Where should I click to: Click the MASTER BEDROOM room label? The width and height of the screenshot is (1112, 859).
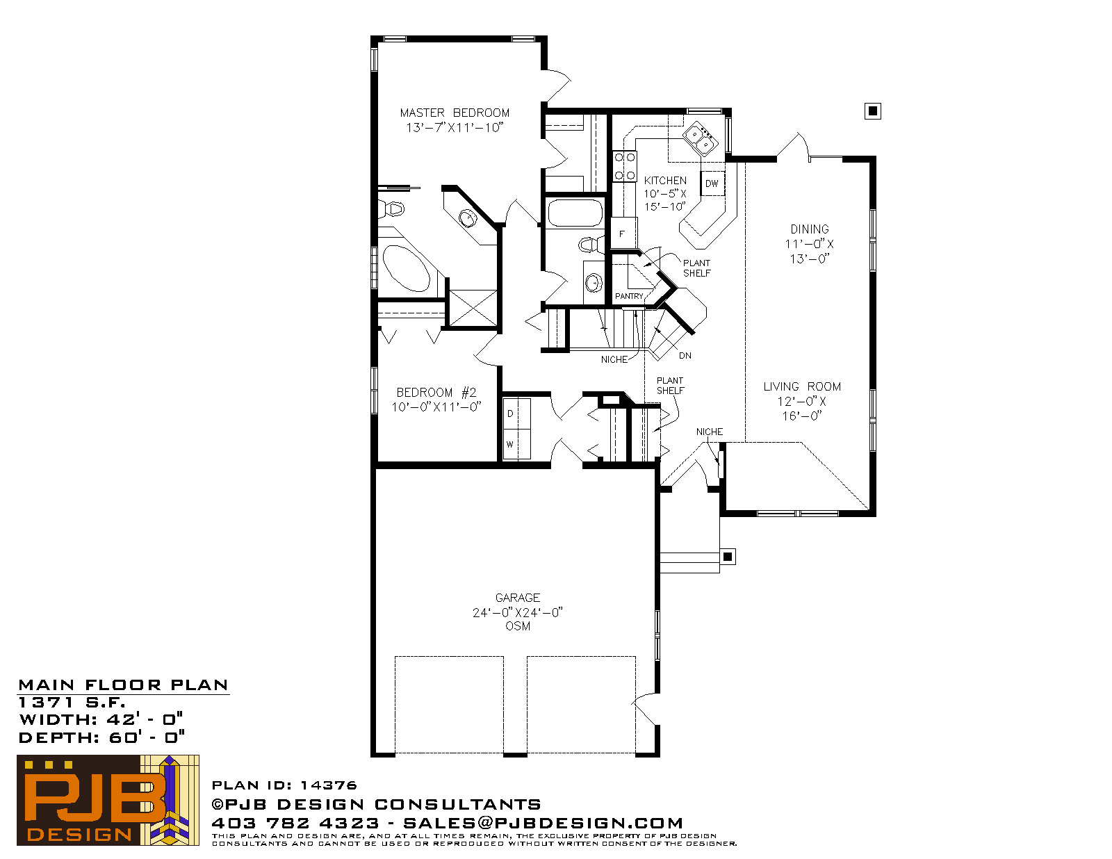(x=455, y=113)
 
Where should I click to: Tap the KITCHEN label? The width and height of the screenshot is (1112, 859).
(x=664, y=181)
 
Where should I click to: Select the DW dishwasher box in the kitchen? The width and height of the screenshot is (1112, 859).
(x=712, y=183)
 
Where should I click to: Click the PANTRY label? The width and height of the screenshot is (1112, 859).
(x=628, y=296)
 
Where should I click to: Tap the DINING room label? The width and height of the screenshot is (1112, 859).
(x=809, y=229)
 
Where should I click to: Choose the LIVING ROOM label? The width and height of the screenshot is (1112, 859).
(x=802, y=387)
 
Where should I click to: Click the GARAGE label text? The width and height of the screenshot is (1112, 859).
(x=517, y=598)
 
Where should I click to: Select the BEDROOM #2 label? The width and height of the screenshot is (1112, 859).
(x=436, y=393)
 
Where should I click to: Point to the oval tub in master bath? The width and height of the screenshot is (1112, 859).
(x=407, y=268)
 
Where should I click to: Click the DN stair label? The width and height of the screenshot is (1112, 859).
(x=685, y=356)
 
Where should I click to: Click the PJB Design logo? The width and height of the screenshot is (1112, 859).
(x=108, y=800)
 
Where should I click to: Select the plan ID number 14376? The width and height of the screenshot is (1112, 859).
(x=328, y=785)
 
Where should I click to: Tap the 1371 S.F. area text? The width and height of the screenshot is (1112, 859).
(x=72, y=702)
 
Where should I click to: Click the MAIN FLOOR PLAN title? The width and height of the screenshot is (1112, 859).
(x=123, y=685)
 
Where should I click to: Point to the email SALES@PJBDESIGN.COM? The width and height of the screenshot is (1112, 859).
(x=543, y=823)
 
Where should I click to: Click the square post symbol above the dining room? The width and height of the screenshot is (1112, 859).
(x=872, y=111)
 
